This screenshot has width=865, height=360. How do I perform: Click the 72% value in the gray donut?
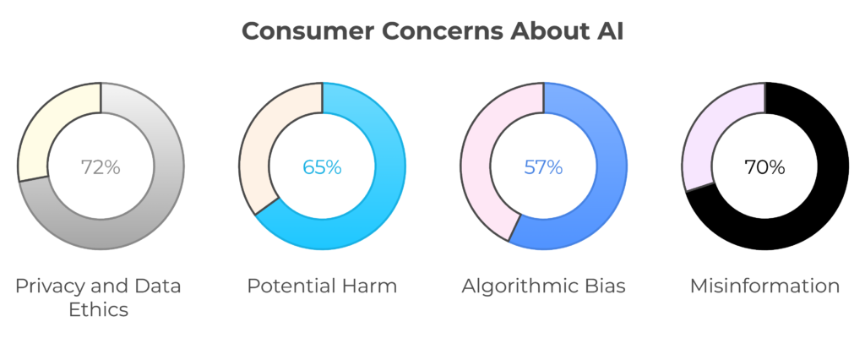(x=101, y=166)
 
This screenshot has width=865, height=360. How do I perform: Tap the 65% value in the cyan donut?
(x=322, y=166)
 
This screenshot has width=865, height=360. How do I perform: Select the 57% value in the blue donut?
(x=543, y=166)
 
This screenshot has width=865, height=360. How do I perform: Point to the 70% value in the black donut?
(x=764, y=166)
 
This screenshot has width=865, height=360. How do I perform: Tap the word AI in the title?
(x=610, y=31)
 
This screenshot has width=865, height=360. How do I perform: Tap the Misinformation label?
(x=764, y=286)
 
